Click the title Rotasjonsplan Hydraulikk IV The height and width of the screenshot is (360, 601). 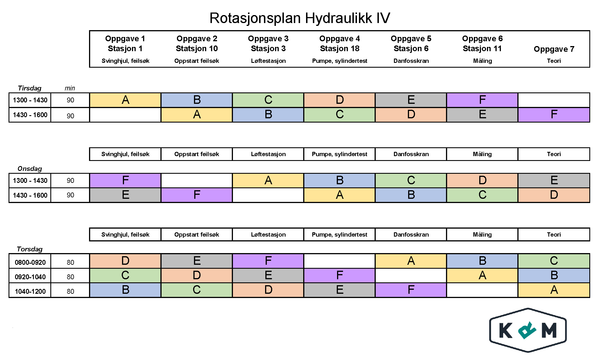click(300, 18)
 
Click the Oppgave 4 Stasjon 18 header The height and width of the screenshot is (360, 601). click(340, 44)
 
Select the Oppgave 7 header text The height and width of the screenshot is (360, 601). click(554, 49)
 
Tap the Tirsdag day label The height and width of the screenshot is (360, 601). click(30, 88)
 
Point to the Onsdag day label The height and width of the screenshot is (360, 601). click(30, 169)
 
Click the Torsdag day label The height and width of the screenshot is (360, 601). click(30, 249)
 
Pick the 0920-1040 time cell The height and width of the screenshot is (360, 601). click(30, 277)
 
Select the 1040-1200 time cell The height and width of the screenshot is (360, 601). click(30, 291)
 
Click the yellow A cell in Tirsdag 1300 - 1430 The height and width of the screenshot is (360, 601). click(125, 100)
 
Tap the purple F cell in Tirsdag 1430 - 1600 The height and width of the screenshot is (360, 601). click(554, 115)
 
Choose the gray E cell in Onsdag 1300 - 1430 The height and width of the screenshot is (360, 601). click(554, 180)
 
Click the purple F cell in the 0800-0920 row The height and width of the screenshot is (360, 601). click(268, 261)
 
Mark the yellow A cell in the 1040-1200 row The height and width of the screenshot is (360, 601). click(554, 290)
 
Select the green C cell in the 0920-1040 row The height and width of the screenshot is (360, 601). click(125, 275)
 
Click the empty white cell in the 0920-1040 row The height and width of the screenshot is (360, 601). click(411, 275)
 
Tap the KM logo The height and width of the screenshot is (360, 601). click(528, 330)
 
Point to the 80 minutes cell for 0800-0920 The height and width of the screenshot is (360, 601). click(70, 262)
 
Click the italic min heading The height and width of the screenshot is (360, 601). click(70, 88)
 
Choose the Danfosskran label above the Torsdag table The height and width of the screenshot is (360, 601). click(411, 235)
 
